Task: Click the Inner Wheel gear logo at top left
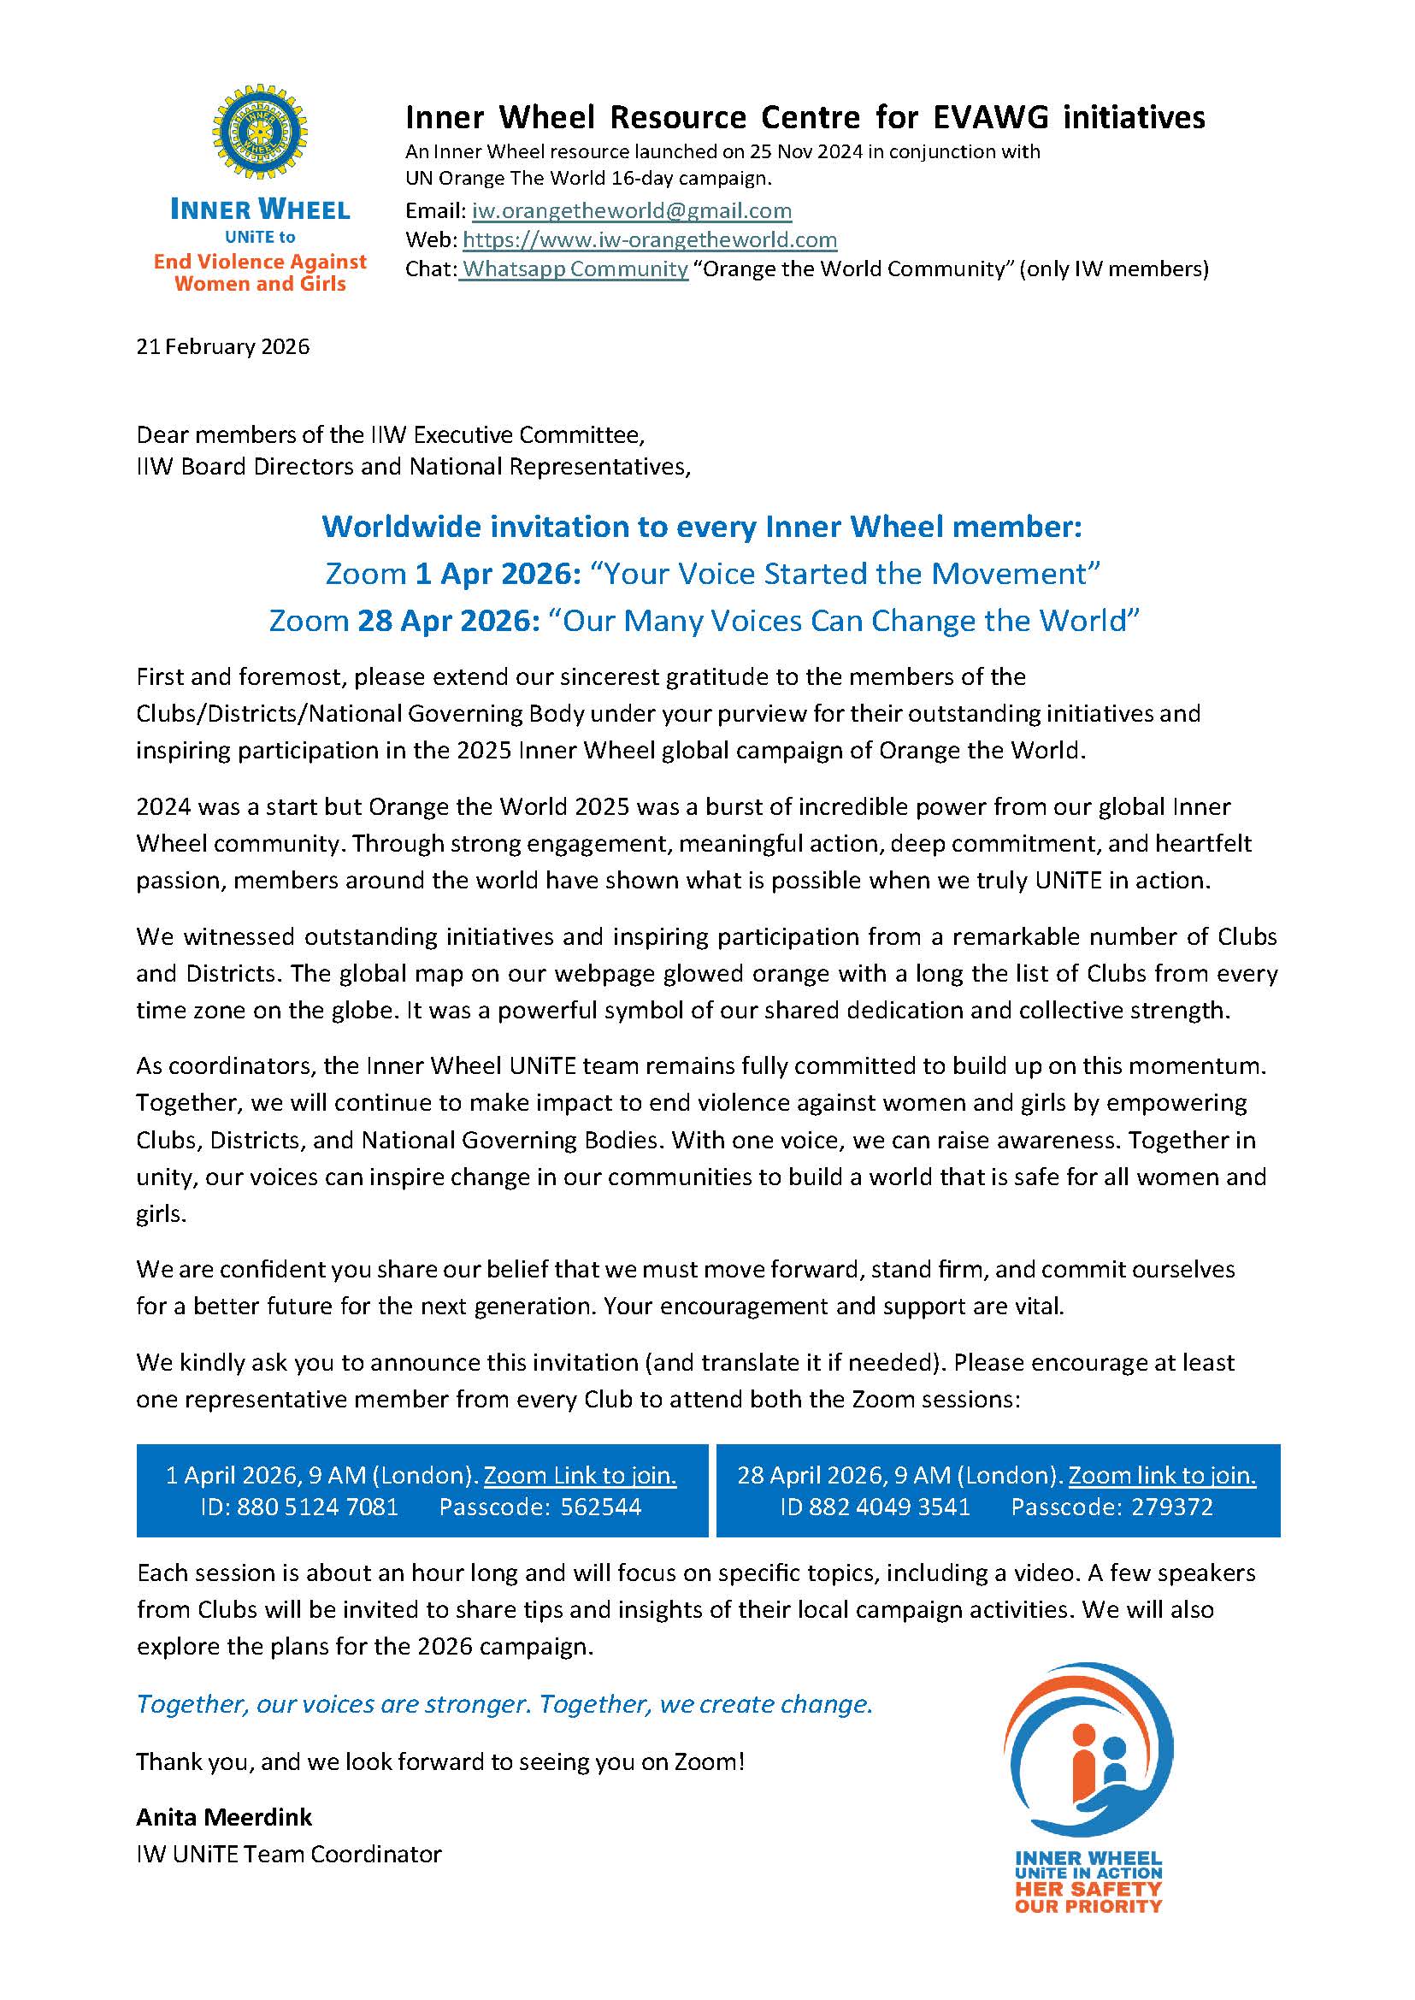tap(259, 132)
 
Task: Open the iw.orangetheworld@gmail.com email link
tap(631, 211)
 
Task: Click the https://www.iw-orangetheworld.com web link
tap(649, 239)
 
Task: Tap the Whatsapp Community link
tap(575, 268)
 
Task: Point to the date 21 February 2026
tap(222, 347)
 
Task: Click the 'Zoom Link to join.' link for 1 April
tap(580, 1475)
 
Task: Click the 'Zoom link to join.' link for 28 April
tap(1161, 1475)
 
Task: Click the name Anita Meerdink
tap(224, 1817)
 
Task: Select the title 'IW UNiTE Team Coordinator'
tap(288, 1854)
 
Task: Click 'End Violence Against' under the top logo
tap(260, 262)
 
